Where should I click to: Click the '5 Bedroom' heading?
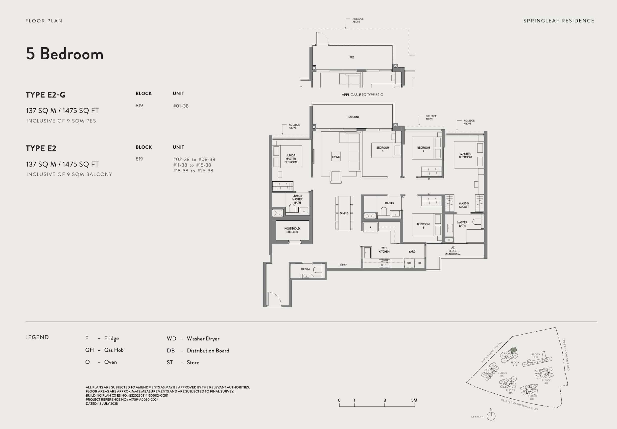point(65,53)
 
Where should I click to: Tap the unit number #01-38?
point(181,106)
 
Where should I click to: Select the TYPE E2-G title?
point(46,95)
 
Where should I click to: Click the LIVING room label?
point(336,157)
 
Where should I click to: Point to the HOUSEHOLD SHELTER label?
point(292,230)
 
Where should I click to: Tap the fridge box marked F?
point(370,227)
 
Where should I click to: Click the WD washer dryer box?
point(409,263)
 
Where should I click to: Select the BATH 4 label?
point(305,269)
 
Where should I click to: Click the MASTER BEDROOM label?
point(465,156)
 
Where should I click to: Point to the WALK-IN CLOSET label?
point(464,205)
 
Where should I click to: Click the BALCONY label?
point(353,117)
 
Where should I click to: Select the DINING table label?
point(344,214)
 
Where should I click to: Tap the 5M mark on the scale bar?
point(414,400)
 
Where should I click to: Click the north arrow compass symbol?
point(491,416)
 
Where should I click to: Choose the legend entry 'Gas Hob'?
point(114,350)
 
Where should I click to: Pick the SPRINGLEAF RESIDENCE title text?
point(559,21)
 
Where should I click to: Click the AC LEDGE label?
point(453,251)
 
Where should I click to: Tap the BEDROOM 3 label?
point(423,226)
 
